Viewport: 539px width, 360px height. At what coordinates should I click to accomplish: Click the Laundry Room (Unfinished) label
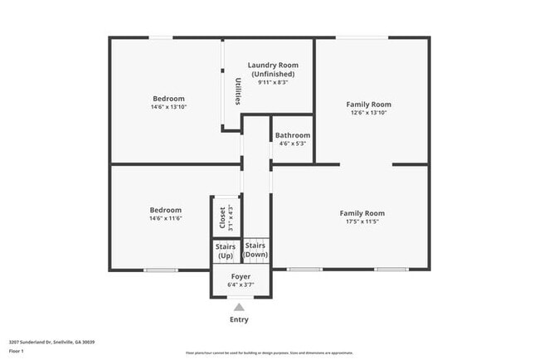pyautogui.click(x=273, y=70)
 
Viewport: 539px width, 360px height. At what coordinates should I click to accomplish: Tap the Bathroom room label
pyautogui.click(x=292, y=135)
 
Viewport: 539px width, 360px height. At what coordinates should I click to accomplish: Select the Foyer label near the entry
pyautogui.click(x=240, y=276)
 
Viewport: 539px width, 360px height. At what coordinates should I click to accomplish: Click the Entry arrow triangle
pyautogui.click(x=239, y=307)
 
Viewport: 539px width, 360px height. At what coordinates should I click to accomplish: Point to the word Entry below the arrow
pyautogui.click(x=239, y=319)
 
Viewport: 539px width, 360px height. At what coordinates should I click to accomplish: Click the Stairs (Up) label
pyautogui.click(x=225, y=251)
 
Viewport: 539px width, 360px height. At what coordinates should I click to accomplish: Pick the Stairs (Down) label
pyautogui.click(x=255, y=250)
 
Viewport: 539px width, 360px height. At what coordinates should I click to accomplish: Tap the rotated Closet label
pyautogui.click(x=222, y=217)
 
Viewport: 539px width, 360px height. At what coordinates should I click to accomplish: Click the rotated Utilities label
pyautogui.click(x=237, y=91)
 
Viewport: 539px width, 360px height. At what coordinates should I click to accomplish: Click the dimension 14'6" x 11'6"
pyautogui.click(x=165, y=218)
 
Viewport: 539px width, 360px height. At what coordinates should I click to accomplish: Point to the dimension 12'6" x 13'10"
pyautogui.click(x=368, y=113)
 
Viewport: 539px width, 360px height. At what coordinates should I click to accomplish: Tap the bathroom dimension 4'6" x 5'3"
pyautogui.click(x=292, y=144)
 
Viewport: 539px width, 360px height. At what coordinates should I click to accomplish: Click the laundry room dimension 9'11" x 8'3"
pyautogui.click(x=273, y=82)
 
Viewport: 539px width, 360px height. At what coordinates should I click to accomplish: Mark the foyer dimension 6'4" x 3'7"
pyautogui.click(x=240, y=285)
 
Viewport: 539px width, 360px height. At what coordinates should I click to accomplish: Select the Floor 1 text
pyautogui.click(x=17, y=351)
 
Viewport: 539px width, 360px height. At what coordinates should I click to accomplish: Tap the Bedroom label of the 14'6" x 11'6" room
pyautogui.click(x=165, y=210)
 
